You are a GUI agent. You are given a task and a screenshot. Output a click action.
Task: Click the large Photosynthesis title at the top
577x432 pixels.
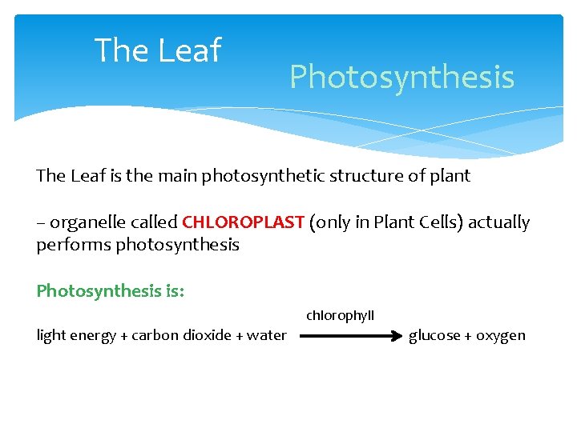coord(401,78)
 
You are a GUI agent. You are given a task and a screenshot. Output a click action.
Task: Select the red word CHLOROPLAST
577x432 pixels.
coord(244,222)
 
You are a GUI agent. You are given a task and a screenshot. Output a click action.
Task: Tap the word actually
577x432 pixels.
coord(499,222)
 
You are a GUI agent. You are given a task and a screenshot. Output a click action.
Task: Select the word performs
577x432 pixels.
coord(74,245)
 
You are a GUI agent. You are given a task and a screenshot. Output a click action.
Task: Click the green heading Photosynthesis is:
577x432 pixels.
coord(111,290)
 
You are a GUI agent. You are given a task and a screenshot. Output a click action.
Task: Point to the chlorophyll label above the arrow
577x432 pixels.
coord(340,316)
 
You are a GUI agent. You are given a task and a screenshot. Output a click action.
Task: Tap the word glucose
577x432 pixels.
coord(435,335)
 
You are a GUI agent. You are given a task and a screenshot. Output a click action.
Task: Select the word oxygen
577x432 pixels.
coord(501,335)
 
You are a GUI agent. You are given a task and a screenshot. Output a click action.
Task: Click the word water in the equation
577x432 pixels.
coord(267,335)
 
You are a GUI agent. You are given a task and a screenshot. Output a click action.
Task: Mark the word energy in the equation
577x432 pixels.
coord(93,336)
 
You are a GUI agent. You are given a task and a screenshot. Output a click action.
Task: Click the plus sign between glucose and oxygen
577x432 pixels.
coord(468,335)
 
